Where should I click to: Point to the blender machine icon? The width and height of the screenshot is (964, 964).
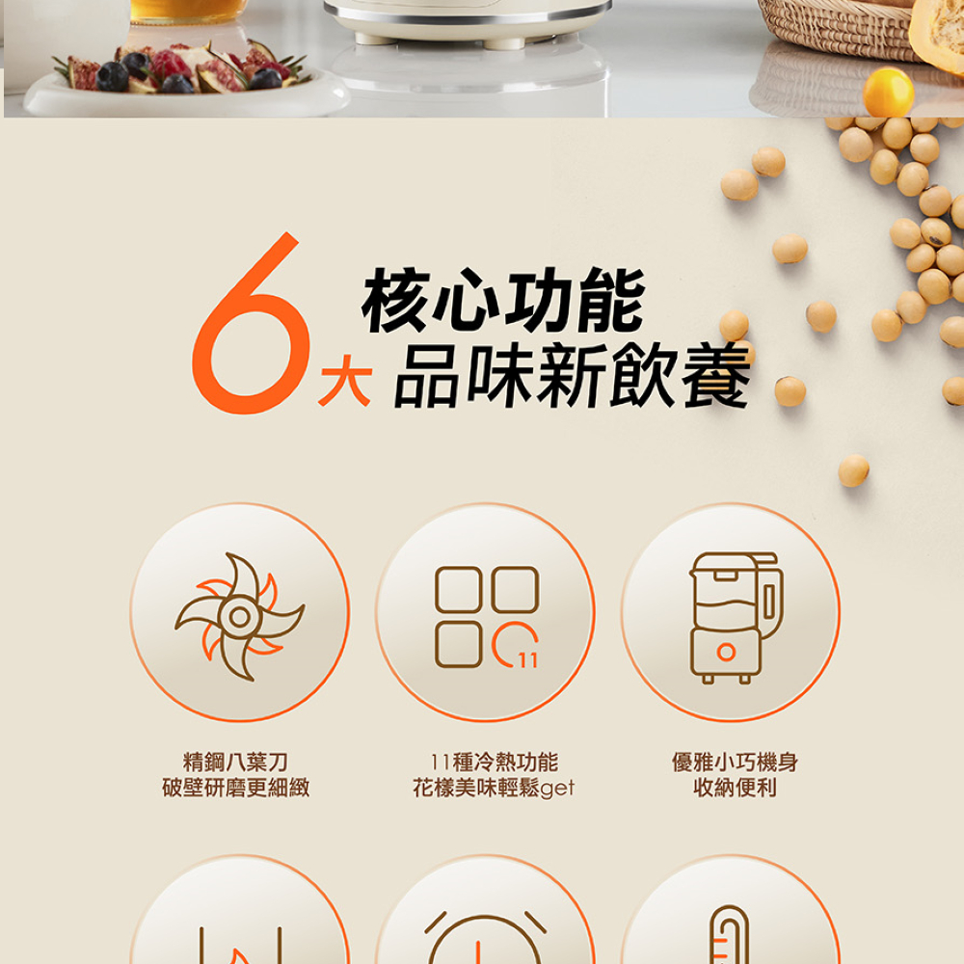point(733,617)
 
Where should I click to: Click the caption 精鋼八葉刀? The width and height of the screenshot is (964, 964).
point(235,763)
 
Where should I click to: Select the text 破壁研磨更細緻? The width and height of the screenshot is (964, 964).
point(235,789)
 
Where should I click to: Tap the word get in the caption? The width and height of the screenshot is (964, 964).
point(557,790)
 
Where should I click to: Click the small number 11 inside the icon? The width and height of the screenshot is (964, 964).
point(527,660)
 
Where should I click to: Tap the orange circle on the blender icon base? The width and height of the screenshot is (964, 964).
point(726,653)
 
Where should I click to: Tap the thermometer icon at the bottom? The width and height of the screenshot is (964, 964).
point(728,935)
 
